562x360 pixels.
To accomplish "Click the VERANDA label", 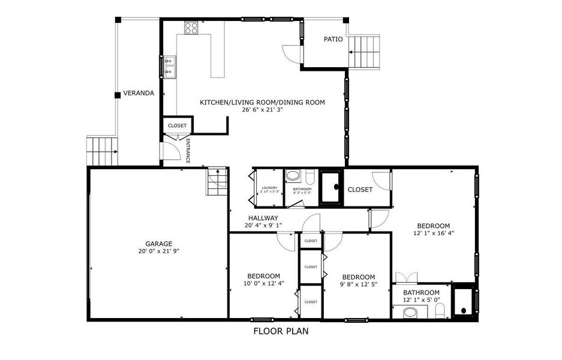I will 139,94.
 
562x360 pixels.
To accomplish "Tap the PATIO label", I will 333,40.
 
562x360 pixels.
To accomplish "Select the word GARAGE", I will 158,244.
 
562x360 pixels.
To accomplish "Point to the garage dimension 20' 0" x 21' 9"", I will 158,251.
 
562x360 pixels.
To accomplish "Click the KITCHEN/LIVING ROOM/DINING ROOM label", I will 262,103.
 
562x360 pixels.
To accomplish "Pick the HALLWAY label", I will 263,218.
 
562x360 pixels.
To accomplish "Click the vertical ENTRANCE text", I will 188,151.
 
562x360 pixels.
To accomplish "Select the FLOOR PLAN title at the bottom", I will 281,331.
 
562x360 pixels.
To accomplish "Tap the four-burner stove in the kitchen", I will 191,27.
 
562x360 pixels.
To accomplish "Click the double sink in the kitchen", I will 170,67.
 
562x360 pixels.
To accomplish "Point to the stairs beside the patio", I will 365,52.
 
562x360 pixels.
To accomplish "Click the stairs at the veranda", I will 101,151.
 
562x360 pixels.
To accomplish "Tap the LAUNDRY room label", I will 269,188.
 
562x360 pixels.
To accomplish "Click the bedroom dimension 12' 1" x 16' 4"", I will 433,233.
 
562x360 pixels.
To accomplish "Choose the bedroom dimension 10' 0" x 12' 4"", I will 263,283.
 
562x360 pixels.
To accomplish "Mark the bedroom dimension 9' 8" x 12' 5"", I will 357,284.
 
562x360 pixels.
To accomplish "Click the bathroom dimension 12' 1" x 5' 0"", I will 421,299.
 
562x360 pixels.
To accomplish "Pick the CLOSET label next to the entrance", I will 177,125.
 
